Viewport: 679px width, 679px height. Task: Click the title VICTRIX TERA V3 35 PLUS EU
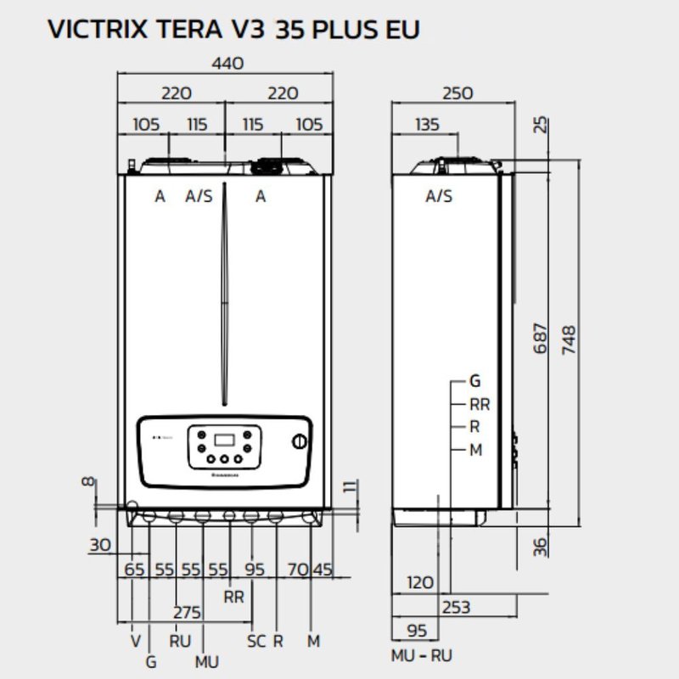pyautogui.click(x=233, y=29)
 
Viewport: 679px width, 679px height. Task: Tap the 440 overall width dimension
pyautogui.click(x=226, y=64)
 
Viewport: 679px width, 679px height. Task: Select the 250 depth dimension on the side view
pyautogui.click(x=457, y=93)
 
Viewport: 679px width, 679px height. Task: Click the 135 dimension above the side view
pyautogui.click(x=428, y=125)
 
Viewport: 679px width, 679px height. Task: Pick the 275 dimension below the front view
pyautogui.click(x=187, y=611)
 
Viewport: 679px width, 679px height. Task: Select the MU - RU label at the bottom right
pyautogui.click(x=421, y=655)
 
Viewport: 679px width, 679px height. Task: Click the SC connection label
pyautogui.click(x=255, y=642)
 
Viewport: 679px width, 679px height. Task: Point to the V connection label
pyautogui.click(x=135, y=642)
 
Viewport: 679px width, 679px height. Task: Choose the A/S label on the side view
pyautogui.click(x=439, y=197)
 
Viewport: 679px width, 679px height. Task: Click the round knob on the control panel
pyautogui.click(x=300, y=442)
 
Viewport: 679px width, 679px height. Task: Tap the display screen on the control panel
pyautogui.click(x=225, y=441)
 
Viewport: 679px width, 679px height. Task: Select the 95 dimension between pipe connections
pyautogui.click(x=256, y=570)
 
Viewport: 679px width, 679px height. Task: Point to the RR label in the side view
pyautogui.click(x=480, y=405)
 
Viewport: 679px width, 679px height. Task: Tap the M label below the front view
pyautogui.click(x=313, y=642)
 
